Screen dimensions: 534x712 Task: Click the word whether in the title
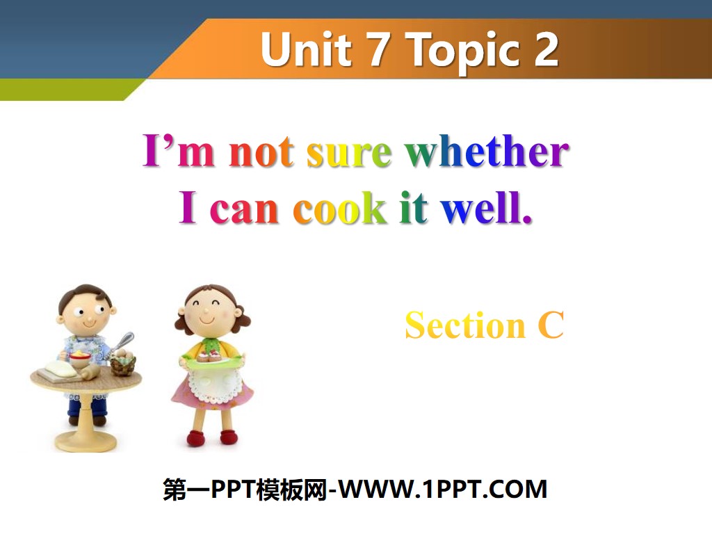pos(486,152)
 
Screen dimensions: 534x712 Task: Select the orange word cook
pos(340,208)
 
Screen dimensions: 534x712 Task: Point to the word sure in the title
pos(349,152)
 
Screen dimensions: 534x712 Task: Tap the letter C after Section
pos(550,325)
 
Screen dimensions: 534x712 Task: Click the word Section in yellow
pos(465,325)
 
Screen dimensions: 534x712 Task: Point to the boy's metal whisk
pos(122,342)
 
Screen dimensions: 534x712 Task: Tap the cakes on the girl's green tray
pos(211,355)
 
